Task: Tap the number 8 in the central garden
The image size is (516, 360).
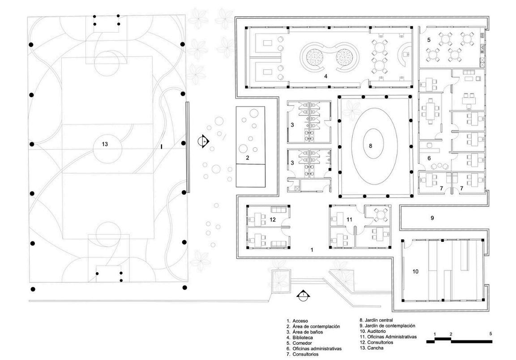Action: pos(371,146)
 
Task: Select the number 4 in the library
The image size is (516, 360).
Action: pos(326,77)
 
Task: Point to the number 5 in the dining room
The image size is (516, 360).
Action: pos(428,40)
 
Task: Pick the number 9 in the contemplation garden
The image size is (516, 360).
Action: pos(432,218)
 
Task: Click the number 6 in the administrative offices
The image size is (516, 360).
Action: pos(428,158)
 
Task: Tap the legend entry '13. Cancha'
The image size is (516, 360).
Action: pos(372,348)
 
